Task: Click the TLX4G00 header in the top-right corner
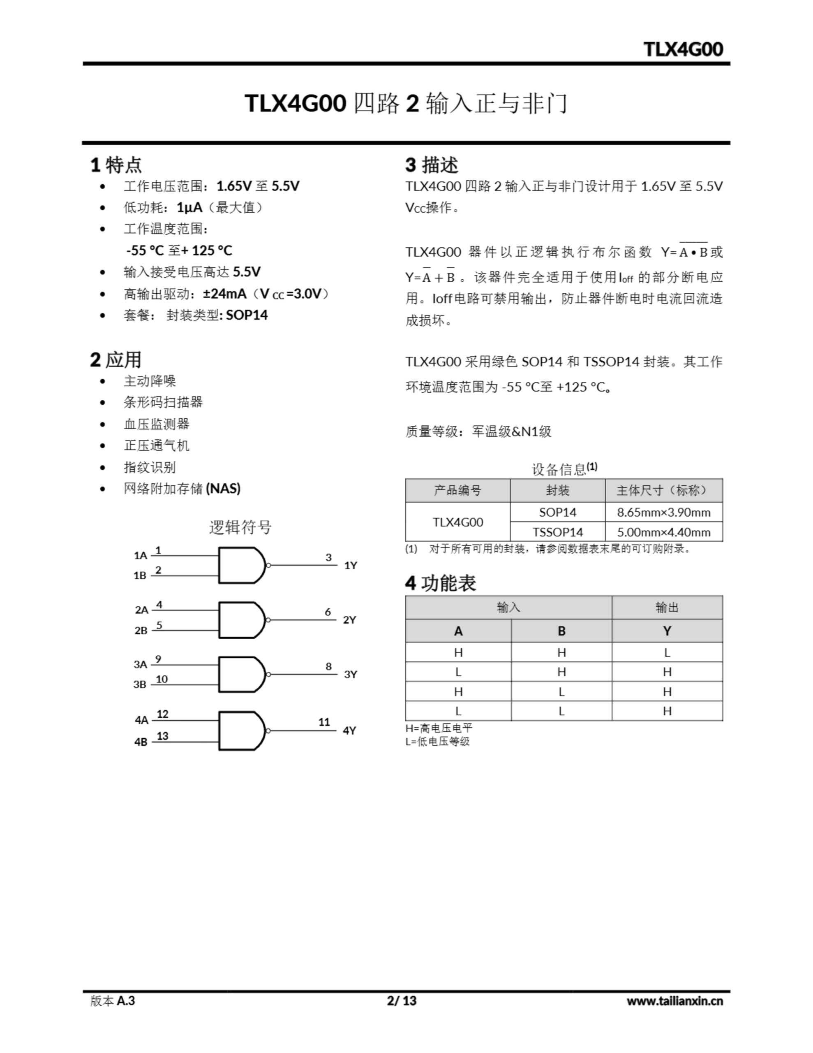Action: pyautogui.click(x=683, y=49)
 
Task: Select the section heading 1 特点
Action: pyautogui.click(x=116, y=165)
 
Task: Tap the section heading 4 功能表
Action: pyautogui.click(x=441, y=583)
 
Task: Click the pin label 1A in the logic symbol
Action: pyautogui.click(x=140, y=555)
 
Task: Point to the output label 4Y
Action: pyautogui.click(x=349, y=731)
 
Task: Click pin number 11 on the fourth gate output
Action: pyautogui.click(x=324, y=722)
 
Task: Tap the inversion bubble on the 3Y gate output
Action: pyautogui.click(x=268, y=675)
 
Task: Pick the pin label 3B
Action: pyautogui.click(x=140, y=684)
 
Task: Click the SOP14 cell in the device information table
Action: pyautogui.click(x=558, y=512)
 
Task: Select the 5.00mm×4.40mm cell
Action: pyautogui.click(x=664, y=532)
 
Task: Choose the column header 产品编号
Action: pyautogui.click(x=457, y=490)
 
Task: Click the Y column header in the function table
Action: pyautogui.click(x=667, y=631)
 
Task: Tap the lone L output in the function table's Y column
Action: pyautogui.click(x=667, y=652)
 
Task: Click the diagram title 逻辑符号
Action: pyautogui.click(x=240, y=527)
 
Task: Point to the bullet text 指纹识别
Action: pyautogui.click(x=149, y=467)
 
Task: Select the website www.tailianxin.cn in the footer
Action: pyautogui.click(x=674, y=1000)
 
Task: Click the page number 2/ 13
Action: pyautogui.click(x=402, y=1000)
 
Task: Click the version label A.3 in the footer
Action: pyautogui.click(x=126, y=1000)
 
